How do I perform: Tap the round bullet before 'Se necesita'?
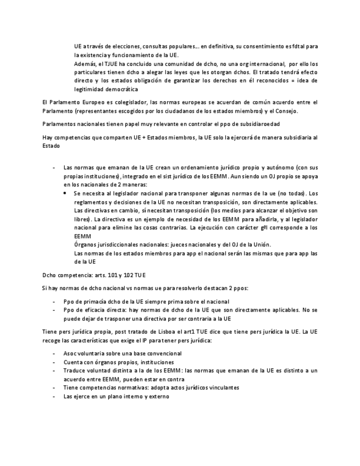click(65, 193)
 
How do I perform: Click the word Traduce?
click(74, 370)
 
